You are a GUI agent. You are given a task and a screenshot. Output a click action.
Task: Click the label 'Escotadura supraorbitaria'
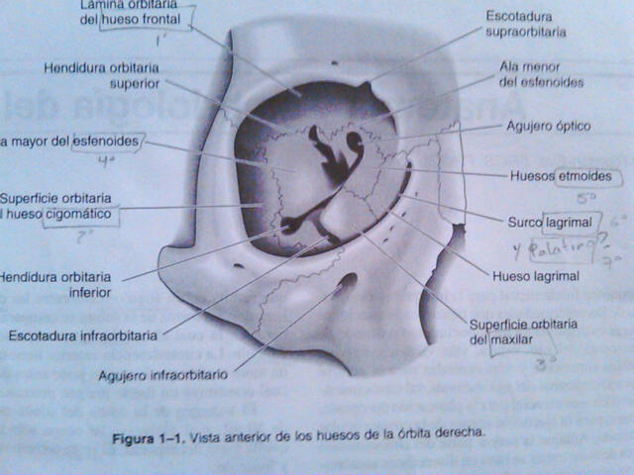[x=526, y=24]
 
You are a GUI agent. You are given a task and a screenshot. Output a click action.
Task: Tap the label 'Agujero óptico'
[x=548, y=127]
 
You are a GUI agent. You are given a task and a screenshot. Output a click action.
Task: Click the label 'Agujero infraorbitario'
[x=162, y=375]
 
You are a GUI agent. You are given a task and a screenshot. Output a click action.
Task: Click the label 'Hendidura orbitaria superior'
[x=94, y=76]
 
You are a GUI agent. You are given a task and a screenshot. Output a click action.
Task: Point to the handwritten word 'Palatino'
[x=558, y=247]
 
